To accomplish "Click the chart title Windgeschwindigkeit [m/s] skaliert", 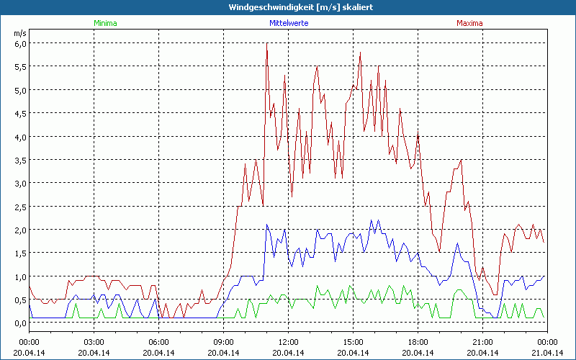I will [x=287, y=7].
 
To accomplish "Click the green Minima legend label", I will [x=105, y=23].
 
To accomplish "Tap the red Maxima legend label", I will [x=470, y=23].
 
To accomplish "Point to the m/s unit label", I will [x=19, y=33].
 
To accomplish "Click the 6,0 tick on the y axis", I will [x=21, y=43].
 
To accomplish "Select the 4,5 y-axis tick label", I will [x=21, y=113].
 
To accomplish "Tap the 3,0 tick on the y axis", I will [x=21, y=183].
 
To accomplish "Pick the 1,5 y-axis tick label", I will [x=21, y=253].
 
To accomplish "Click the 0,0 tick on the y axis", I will [x=21, y=323].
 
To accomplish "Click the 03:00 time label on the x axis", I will [x=94, y=342].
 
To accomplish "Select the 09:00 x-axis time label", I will [x=224, y=342].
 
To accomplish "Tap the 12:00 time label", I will [x=289, y=342].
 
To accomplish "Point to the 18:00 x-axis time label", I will [x=418, y=342].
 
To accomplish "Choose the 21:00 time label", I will [x=483, y=342].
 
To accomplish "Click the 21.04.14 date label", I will [x=547, y=353].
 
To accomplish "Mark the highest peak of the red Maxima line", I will [x=266, y=43].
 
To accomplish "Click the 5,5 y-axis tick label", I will [x=21, y=66].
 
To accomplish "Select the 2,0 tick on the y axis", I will [x=21, y=230].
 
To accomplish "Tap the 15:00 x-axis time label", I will [x=354, y=342].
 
